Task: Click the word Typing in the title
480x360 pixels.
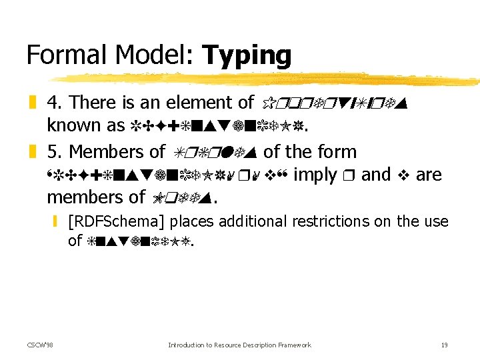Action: [247, 55]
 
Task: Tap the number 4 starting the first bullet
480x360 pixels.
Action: [52, 103]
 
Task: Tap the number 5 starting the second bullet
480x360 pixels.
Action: [52, 152]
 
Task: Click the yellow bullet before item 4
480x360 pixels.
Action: [31, 103]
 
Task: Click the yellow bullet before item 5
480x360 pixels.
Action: [31, 153]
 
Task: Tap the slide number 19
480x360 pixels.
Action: [444, 345]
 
